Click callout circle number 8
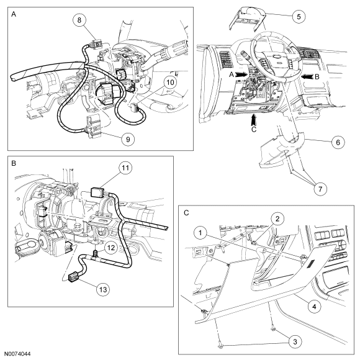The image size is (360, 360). [x=79, y=20]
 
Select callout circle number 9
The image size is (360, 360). [x=128, y=139]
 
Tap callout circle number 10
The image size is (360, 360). [x=170, y=83]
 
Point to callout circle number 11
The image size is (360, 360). [x=125, y=168]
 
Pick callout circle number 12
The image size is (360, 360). [x=111, y=248]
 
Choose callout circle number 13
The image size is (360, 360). [x=103, y=289]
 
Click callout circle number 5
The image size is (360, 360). [x=299, y=17]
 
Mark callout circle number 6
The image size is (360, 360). [x=338, y=142]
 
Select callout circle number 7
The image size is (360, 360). [x=320, y=189]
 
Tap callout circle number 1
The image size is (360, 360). [x=200, y=233]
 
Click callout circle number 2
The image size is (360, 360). [x=277, y=219]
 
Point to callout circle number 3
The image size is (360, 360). [x=295, y=341]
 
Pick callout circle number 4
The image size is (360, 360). [x=314, y=307]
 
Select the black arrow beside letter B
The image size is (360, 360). [x=307, y=77]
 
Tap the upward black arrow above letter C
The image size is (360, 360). [x=253, y=120]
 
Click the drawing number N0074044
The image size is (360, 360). [x=17, y=354]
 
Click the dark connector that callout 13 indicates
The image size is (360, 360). [x=74, y=278]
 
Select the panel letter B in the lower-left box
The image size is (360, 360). [x=14, y=163]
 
